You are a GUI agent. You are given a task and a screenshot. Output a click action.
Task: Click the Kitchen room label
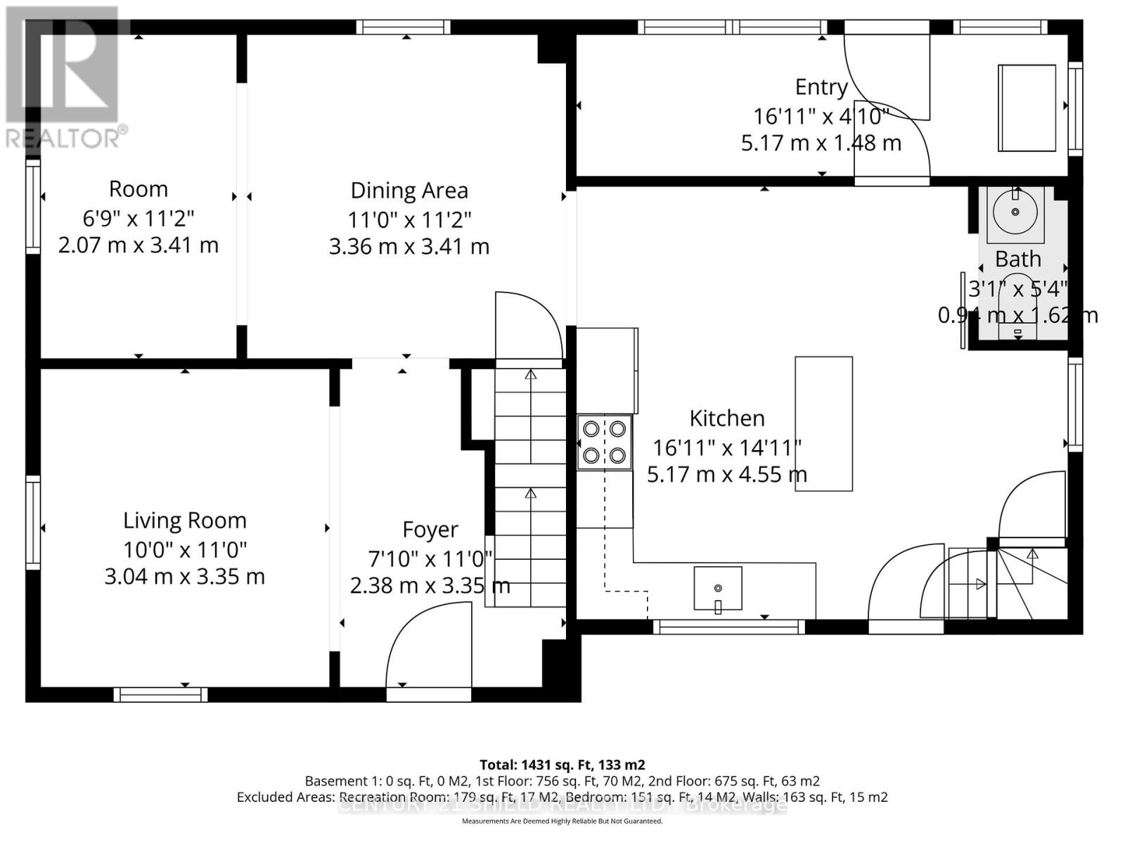pyautogui.click(x=726, y=418)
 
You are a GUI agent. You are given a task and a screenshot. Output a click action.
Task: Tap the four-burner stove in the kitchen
pyautogui.click(x=605, y=442)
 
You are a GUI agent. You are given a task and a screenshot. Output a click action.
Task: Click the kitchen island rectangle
pyautogui.click(x=823, y=423)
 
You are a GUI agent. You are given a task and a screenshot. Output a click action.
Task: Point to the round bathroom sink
pyautogui.click(x=1015, y=212)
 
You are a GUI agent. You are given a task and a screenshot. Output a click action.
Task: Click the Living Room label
pyautogui.click(x=185, y=520)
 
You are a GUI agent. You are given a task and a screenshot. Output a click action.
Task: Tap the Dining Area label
pyautogui.click(x=409, y=191)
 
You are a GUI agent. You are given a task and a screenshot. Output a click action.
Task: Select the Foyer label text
pyautogui.click(x=430, y=530)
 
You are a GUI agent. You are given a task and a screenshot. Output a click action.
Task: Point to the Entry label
pyautogui.click(x=821, y=87)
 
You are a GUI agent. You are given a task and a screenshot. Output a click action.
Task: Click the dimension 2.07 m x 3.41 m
pyautogui.click(x=139, y=245)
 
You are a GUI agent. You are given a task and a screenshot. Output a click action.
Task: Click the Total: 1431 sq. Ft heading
pyautogui.click(x=562, y=765)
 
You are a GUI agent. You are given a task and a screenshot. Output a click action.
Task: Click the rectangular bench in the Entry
pyautogui.click(x=1027, y=108)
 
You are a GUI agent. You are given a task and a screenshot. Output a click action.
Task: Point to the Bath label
pyautogui.click(x=1017, y=260)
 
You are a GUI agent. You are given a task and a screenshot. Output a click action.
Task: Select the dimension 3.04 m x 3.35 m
pyautogui.click(x=185, y=577)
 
